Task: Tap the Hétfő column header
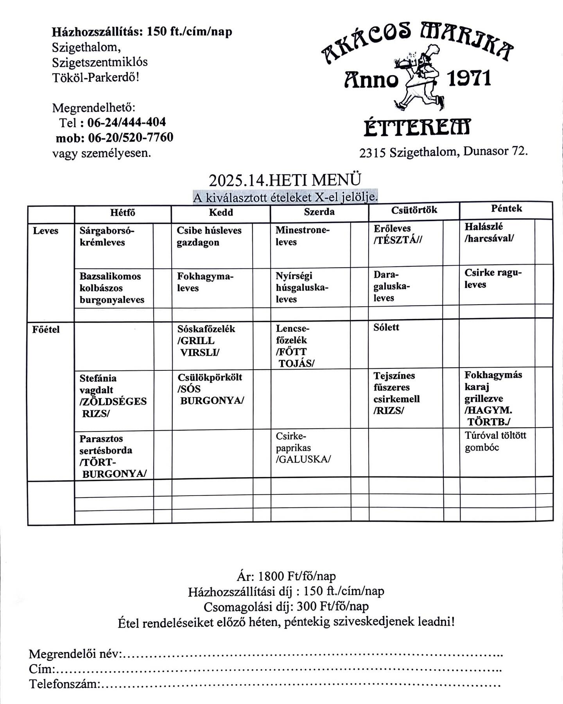[x=122, y=213]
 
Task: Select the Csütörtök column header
[x=414, y=210]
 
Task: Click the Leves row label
[x=45, y=231]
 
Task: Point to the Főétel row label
[x=46, y=330]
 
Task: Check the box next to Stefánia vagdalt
[x=162, y=400]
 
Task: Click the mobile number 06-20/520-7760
[x=131, y=138]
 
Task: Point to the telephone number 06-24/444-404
[x=127, y=122]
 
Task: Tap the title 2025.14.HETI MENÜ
[x=285, y=180]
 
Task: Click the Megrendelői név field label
[x=76, y=654]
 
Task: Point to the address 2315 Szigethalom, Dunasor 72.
[x=443, y=152]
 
